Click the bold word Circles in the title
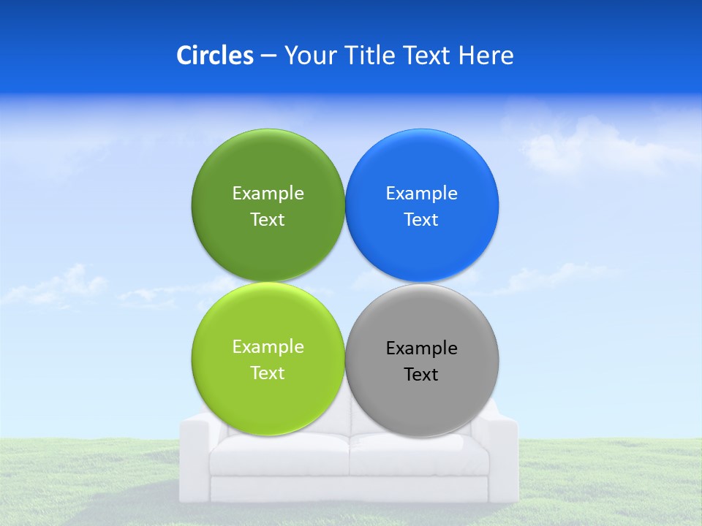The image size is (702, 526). click(x=214, y=56)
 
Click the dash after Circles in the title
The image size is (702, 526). click(x=268, y=56)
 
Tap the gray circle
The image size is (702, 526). click(x=422, y=402)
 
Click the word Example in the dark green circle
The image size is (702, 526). click(x=268, y=194)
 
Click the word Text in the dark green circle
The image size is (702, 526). click(x=268, y=220)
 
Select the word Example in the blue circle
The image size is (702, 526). click(x=422, y=194)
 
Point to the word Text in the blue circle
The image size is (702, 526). click(x=422, y=220)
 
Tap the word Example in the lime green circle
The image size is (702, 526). click(x=268, y=347)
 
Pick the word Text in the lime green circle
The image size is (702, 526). click(x=268, y=373)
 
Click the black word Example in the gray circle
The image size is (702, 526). click(x=422, y=348)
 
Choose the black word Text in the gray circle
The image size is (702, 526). click(x=422, y=375)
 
